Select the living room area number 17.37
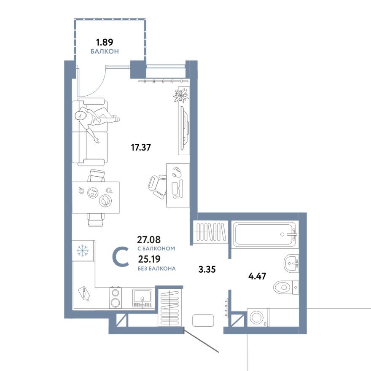141,148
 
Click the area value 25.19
149,259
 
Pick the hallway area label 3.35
207,269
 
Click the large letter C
121,257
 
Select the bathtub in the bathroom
265,234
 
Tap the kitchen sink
143,298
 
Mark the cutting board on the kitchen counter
84,293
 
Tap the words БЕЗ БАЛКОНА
156,268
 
